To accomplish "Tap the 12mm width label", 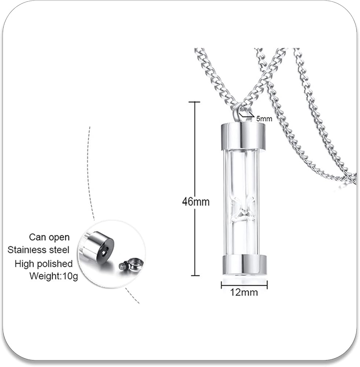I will tap(244, 292).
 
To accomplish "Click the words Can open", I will tap(49, 237).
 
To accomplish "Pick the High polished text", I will tap(44, 264).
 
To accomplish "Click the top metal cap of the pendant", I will tap(243, 137).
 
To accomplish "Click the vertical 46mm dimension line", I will tap(194, 154).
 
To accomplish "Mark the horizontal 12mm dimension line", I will tap(244, 284).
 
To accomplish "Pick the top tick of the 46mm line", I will tap(194, 102).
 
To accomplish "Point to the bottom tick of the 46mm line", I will tap(194, 275).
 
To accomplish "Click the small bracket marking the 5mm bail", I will tap(247, 116).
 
